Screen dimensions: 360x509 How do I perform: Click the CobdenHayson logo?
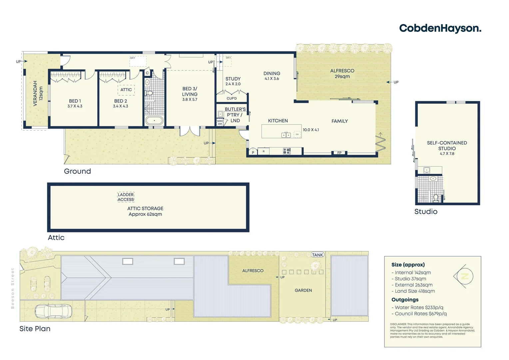440,28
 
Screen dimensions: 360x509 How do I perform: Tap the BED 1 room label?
75,101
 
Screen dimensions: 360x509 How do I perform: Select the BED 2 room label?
120,101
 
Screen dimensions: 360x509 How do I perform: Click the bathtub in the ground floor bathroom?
154,120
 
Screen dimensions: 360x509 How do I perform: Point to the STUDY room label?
233,79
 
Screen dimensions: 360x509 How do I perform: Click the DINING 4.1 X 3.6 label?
272,76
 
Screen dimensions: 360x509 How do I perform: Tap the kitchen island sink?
286,135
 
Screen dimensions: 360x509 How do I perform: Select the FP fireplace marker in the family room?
339,153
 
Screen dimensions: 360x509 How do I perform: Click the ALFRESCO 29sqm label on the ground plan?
342,73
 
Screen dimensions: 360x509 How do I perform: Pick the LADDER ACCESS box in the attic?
126,197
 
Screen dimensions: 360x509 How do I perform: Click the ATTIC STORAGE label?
145,211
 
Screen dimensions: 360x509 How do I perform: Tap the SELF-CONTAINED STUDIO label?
447,146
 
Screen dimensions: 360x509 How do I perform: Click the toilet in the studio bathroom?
436,197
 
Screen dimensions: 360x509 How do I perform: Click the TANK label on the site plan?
317,255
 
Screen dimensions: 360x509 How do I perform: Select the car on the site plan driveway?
53,311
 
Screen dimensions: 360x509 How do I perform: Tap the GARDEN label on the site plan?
303,290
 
